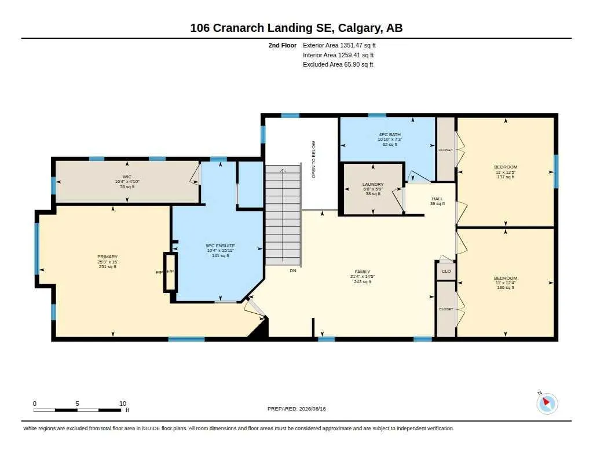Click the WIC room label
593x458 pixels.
[127, 177]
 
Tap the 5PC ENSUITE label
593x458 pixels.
[221, 246]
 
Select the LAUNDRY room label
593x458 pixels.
[373, 184]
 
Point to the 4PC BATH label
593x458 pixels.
[390, 135]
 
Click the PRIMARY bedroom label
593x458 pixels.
[107, 257]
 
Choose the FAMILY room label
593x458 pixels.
[363, 272]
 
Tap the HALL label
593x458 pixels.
[437, 199]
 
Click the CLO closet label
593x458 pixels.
[446, 271]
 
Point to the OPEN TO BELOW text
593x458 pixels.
[313, 160]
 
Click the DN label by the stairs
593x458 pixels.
[293, 271]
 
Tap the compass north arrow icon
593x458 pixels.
[547, 403]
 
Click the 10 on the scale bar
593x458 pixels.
[123, 404]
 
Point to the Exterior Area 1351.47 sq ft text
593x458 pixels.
[339, 45]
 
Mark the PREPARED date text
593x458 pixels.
[296, 409]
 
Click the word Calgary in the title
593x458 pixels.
[359, 28]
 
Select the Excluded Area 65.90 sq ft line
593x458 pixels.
[338, 65]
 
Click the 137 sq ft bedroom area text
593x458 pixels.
[506, 177]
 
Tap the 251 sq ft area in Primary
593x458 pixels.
[107, 266]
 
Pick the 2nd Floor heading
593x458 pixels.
[283, 45]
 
